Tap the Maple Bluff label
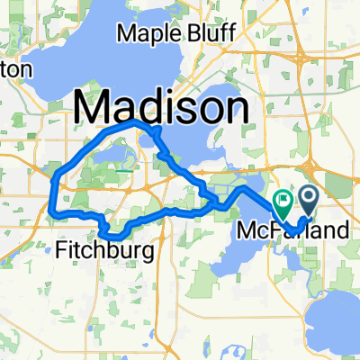[176, 34]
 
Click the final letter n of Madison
[235, 108]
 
